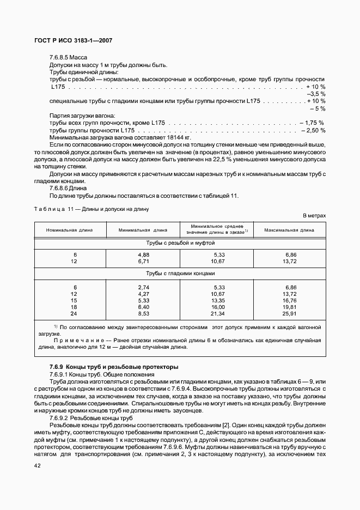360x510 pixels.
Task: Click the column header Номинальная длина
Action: tap(69, 230)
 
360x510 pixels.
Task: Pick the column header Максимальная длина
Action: tap(289, 230)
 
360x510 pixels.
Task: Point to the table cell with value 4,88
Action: tap(143, 254)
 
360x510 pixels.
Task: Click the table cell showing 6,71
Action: tap(143, 262)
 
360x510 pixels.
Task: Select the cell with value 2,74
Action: tap(143, 287)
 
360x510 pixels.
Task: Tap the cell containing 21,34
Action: tap(217, 313)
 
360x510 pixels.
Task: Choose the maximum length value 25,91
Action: tap(290, 313)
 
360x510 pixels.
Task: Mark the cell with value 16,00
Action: tap(217, 307)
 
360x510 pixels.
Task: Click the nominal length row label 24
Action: tap(74, 313)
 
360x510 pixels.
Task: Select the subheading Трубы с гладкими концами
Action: tap(180, 274)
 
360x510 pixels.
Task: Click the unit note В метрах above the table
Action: tap(314, 216)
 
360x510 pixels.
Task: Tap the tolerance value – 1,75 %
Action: tap(311, 123)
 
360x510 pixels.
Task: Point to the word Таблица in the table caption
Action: tap(49, 209)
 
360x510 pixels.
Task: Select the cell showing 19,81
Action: tap(290, 307)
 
